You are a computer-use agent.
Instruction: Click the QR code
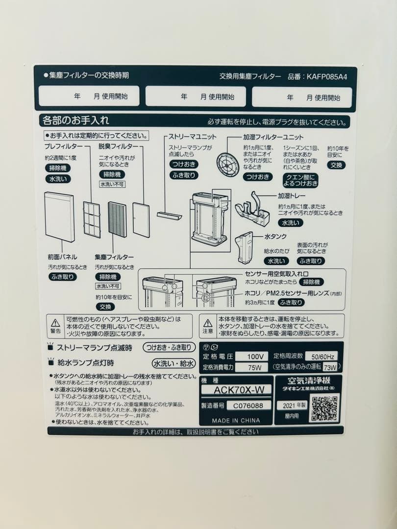[x=324, y=408]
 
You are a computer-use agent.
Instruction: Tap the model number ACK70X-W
[x=236, y=390]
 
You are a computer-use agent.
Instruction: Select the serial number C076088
[x=251, y=406]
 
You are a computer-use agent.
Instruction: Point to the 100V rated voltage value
[x=251, y=356]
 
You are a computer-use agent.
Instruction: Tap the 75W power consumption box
[x=251, y=367]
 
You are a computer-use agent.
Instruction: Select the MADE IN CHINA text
[x=236, y=420]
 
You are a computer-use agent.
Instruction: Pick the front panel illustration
[x=59, y=216]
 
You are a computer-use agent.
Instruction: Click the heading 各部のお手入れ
[x=76, y=120]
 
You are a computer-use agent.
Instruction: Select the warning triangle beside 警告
[x=55, y=322]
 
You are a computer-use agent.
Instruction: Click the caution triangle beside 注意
[x=208, y=322]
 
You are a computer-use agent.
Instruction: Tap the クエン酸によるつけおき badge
[x=300, y=180]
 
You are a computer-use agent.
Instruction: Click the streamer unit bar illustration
[x=169, y=215]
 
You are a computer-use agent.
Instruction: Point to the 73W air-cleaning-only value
[x=330, y=367]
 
